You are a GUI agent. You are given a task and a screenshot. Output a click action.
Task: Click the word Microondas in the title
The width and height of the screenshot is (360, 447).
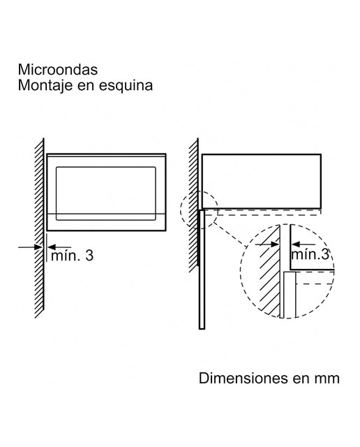(58, 70)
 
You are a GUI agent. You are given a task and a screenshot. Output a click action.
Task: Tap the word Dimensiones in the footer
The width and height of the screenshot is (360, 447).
(243, 379)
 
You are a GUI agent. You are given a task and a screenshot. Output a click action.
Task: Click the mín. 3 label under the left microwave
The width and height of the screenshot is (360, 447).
(72, 256)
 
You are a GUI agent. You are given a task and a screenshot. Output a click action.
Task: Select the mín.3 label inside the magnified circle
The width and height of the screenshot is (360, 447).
(310, 254)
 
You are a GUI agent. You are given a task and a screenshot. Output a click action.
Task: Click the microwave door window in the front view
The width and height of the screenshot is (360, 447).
(106, 193)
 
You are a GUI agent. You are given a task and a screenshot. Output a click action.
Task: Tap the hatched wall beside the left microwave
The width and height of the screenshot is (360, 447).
(40, 228)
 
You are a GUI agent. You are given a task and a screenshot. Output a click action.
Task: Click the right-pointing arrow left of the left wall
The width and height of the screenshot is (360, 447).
(31, 247)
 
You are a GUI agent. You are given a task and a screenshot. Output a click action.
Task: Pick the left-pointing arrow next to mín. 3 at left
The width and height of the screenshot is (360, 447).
(59, 247)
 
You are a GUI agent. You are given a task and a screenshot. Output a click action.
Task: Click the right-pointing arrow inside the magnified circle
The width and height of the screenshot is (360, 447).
(267, 244)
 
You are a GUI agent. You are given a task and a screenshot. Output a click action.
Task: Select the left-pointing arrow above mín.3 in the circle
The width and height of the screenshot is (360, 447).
(303, 244)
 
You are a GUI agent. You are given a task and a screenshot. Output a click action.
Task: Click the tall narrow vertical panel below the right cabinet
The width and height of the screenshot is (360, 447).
(202, 270)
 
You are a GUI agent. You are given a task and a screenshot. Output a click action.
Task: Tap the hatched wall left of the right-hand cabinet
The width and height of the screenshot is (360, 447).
(194, 205)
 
